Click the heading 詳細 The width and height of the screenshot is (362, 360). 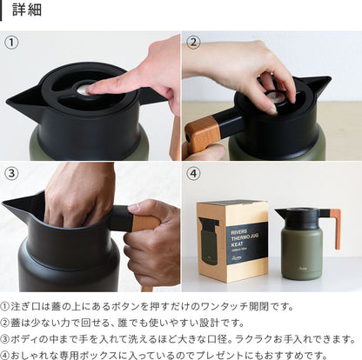coord(27,10)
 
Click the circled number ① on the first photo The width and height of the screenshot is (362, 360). coord(11,43)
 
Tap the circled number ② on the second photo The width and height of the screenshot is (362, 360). coord(193,43)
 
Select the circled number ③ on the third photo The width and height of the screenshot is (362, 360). coord(11,173)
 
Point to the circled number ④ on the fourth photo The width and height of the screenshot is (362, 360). coord(193,173)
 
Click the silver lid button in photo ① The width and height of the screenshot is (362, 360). coord(83,90)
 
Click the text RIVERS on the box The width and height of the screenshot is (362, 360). coord(239,232)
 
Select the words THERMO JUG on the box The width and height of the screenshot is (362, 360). coord(245,238)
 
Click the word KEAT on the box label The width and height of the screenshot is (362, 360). coord(237,244)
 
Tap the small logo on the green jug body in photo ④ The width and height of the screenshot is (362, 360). coord(303,269)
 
